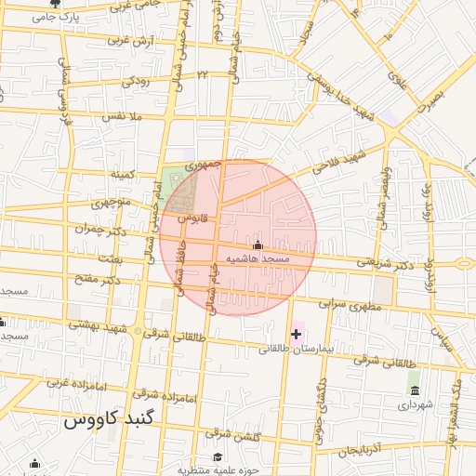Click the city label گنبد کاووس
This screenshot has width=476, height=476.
(100, 420)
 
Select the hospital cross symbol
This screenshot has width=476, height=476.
(297, 333)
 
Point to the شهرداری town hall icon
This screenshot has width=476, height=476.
(414, 388)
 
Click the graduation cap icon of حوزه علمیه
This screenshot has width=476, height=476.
(218, 456)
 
